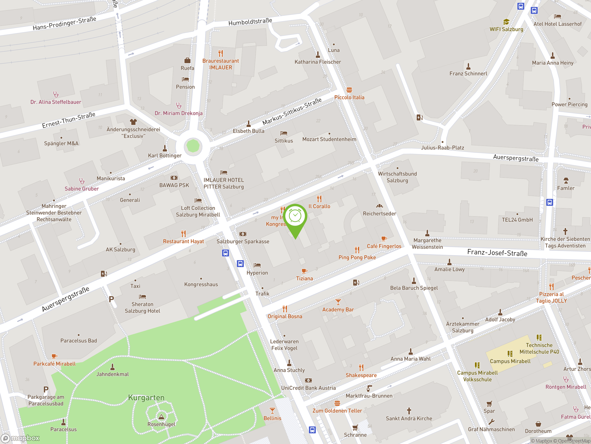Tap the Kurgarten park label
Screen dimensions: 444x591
click(146, 398)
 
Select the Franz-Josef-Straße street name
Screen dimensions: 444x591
click(497, 253)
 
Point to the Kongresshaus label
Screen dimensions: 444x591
click(201, 284)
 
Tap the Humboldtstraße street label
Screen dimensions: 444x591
click(250, 22)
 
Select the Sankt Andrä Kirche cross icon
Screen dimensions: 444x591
click(409, 410)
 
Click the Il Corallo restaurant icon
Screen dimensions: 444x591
click(319, 199)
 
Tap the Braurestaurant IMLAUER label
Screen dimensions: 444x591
click(220, 64)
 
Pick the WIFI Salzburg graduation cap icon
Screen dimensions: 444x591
click(506, 22)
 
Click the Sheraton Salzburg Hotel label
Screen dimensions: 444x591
click(142, 308)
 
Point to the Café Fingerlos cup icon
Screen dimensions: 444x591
click(384, 238)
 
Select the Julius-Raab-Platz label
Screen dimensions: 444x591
click(443, 148)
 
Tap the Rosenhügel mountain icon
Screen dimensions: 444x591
click(161, 417)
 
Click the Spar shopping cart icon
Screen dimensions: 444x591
click(489, 404)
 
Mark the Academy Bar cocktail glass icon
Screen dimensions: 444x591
click(338, 302)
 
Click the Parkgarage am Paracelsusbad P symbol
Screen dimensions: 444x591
click(46, 389)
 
